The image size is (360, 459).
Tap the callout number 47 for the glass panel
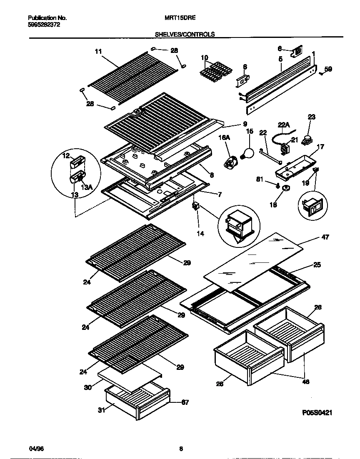pos(325,237)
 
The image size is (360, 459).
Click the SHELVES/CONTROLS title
pos(185,35)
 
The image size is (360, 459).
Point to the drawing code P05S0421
pos(317,412)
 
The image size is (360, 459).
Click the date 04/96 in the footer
pos(36,449)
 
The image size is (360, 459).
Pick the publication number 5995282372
pos(44,25)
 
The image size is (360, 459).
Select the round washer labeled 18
pos(286,189)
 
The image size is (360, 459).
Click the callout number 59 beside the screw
pos(328,70)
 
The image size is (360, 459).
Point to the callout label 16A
pos(224,137)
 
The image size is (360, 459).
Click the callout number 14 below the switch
pos(200,234)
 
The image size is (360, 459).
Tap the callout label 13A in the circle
pos(86,187)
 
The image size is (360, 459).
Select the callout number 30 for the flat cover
pos(87,387)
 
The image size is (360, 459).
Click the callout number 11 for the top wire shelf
pos(98,52)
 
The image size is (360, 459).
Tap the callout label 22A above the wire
pos(284,124)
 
